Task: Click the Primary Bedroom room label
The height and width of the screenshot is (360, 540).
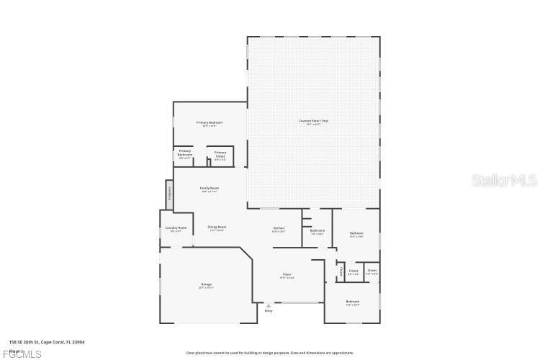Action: coord(210,123)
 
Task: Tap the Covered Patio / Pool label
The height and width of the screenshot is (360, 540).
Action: coord(314,121)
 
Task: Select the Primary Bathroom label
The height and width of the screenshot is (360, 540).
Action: coord(185,153)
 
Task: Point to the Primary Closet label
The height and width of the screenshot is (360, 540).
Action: coord(220,154)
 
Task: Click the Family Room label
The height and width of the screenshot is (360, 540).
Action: coord(210,189)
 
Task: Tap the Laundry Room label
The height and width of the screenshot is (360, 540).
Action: coord(176,228)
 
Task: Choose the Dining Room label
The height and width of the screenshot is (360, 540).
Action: coord(217,228)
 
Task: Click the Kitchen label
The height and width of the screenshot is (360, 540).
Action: coord(279,230)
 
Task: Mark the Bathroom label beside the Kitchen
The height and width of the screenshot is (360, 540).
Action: coord(318,231)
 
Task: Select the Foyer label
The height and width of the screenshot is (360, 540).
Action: coord(287,275)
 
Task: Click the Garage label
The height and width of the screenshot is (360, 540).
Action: coord(206,285)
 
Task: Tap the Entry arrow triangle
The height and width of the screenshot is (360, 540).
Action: coord(269,305)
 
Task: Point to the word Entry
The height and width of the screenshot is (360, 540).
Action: coord(269,311)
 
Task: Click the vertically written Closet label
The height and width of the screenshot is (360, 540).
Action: coord(340,271)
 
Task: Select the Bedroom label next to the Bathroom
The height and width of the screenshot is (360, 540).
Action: coord(356,233)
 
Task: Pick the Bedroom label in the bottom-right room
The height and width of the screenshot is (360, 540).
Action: coord(352,302)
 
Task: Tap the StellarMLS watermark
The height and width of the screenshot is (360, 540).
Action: coord(505,179)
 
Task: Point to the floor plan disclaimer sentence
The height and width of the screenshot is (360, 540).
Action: coord(270,353)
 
